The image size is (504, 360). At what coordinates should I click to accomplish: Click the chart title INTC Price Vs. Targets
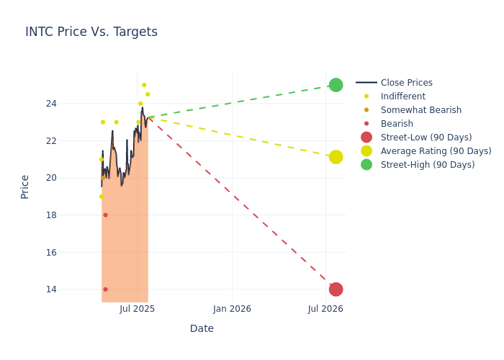(x=91, y=32)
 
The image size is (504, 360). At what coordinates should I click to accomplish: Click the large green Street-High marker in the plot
(x=336, y=85)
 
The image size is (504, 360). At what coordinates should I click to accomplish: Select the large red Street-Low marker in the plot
(x=336, y=289)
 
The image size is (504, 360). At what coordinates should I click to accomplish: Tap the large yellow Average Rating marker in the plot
(x=336, y=157)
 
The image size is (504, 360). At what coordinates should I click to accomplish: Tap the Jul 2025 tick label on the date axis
(x=138, y=309)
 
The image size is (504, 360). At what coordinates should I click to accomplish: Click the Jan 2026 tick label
(x=232, y=309)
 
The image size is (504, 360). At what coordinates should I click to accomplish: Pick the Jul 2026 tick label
(x=325, y=309)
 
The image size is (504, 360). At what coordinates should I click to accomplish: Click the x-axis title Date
(x=202, y=329)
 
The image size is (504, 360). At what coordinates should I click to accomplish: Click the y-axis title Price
(x=25, y=186)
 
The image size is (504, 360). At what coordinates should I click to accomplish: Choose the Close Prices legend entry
(x=406, y=83)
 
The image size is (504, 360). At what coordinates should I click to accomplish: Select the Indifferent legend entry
(x=402, y=96)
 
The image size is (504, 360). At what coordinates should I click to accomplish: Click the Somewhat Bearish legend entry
(x=420, y=110)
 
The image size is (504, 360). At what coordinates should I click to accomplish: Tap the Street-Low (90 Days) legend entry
(x=426, y=138)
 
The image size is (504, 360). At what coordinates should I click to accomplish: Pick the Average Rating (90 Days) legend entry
(x=436, y=151)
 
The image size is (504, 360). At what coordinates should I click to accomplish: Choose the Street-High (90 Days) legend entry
(x=427, y=165)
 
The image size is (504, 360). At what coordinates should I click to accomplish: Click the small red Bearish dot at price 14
(x=105, y=289)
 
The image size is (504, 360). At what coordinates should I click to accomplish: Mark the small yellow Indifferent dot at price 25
(x=144, y=85)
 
